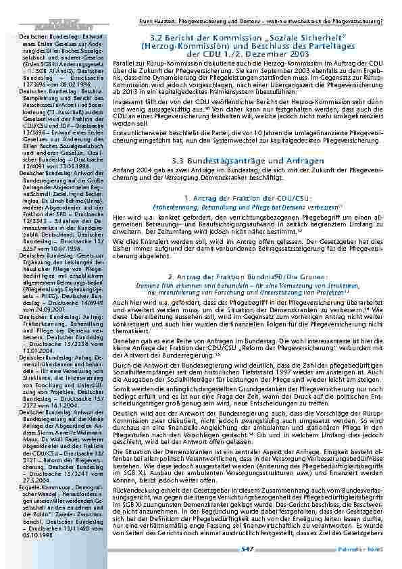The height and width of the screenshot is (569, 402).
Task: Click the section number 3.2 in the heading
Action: [x=158, y=38]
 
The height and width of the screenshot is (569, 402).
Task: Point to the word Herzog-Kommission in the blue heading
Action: [x=174, y=46]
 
